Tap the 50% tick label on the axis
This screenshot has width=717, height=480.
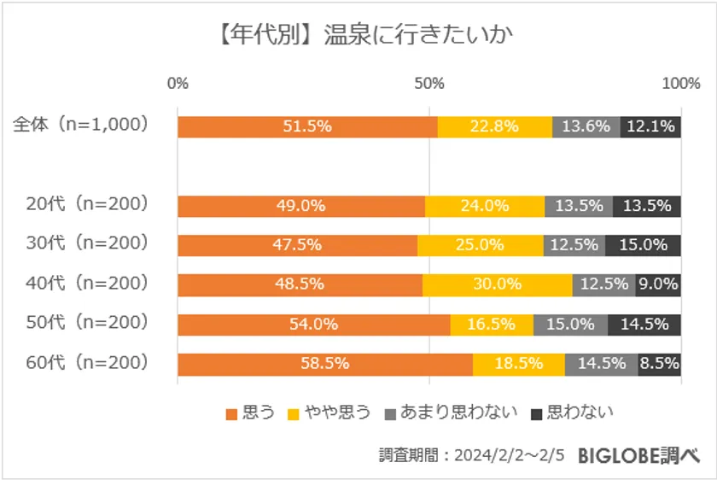coord(428,84)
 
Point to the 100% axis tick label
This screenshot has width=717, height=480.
coord(681,84)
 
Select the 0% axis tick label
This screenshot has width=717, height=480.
coord(178,84)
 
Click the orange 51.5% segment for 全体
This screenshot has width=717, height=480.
coord(307,126)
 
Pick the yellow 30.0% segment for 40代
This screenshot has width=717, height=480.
coord(497,284)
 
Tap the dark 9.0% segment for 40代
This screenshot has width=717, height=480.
coord(658,284)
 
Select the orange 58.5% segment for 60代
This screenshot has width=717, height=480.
coord(325,364)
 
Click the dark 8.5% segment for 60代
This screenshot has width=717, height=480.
coord(659,364)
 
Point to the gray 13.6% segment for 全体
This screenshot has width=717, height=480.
coord(586,126)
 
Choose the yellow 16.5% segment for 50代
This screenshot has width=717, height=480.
coord(492,325)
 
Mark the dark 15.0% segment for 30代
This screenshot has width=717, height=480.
coord(643,245)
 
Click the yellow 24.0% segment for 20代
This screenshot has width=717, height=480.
coord(485,206)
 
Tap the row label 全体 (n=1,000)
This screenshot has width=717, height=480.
coord(81,124)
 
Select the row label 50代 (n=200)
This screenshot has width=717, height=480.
coord(87,322)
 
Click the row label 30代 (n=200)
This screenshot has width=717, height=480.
coord(87,243)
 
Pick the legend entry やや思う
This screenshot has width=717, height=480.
coord(329,413)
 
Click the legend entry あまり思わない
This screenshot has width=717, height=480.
coord(452,413)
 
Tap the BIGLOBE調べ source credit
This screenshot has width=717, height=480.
coord(638,456)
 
